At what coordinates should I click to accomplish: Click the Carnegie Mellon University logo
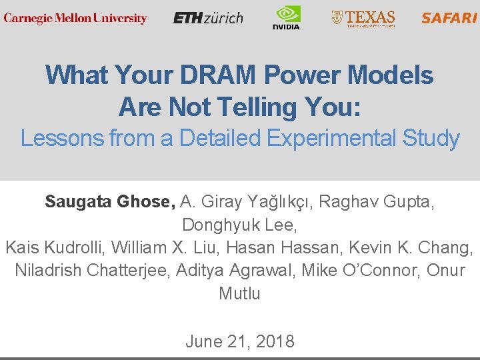pyautogui.click(x=75, y=18)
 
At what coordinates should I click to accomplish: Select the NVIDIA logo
pyautogui.click(x=287, y=18)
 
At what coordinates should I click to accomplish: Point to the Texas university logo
pyautogui.click(x=364, y=18)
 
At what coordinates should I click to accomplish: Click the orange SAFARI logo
pyautogui.click(x=449, y=18)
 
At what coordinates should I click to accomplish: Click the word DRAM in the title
pyautogui.click(x=217, y=75)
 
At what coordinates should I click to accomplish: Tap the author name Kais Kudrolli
pyautogui.click(x=53, y=248)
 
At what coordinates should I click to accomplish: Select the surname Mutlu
pyautogui.click(x=239, y=294)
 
